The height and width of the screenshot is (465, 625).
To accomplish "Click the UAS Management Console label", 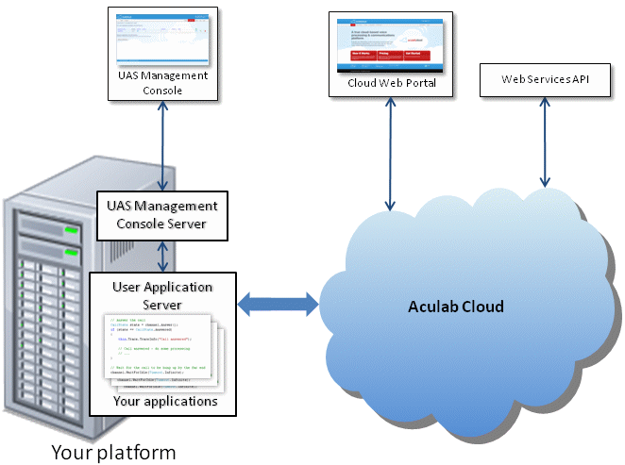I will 163,82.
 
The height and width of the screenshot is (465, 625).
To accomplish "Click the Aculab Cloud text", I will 455,307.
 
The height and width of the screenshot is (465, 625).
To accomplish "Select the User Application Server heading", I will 162,295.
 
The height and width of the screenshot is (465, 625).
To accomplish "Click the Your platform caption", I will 112,452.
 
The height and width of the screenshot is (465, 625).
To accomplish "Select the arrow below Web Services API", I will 544,141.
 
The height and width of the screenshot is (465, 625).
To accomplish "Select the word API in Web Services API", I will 578,80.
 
